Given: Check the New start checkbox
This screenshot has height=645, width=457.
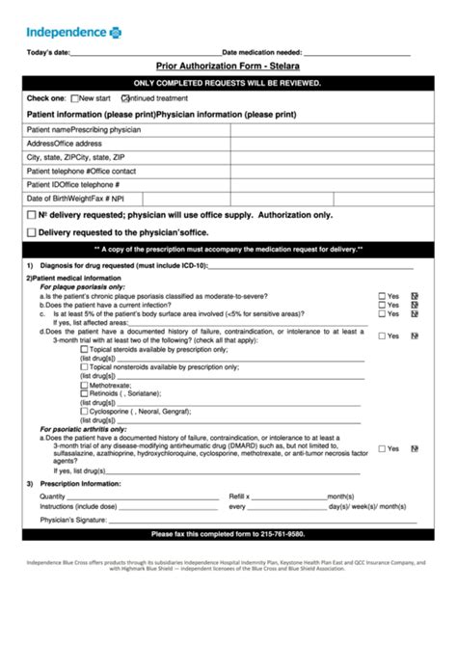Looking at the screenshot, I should (74, 98).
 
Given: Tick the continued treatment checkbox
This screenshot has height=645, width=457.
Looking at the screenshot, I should (124, 98).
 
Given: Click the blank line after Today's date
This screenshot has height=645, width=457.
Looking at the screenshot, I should (145, 54).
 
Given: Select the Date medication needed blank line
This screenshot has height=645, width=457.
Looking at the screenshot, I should (357, 54).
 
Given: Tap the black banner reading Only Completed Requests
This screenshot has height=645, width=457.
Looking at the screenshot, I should (228, 84).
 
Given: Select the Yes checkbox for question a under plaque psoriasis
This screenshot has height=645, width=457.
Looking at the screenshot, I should (383, 296).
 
